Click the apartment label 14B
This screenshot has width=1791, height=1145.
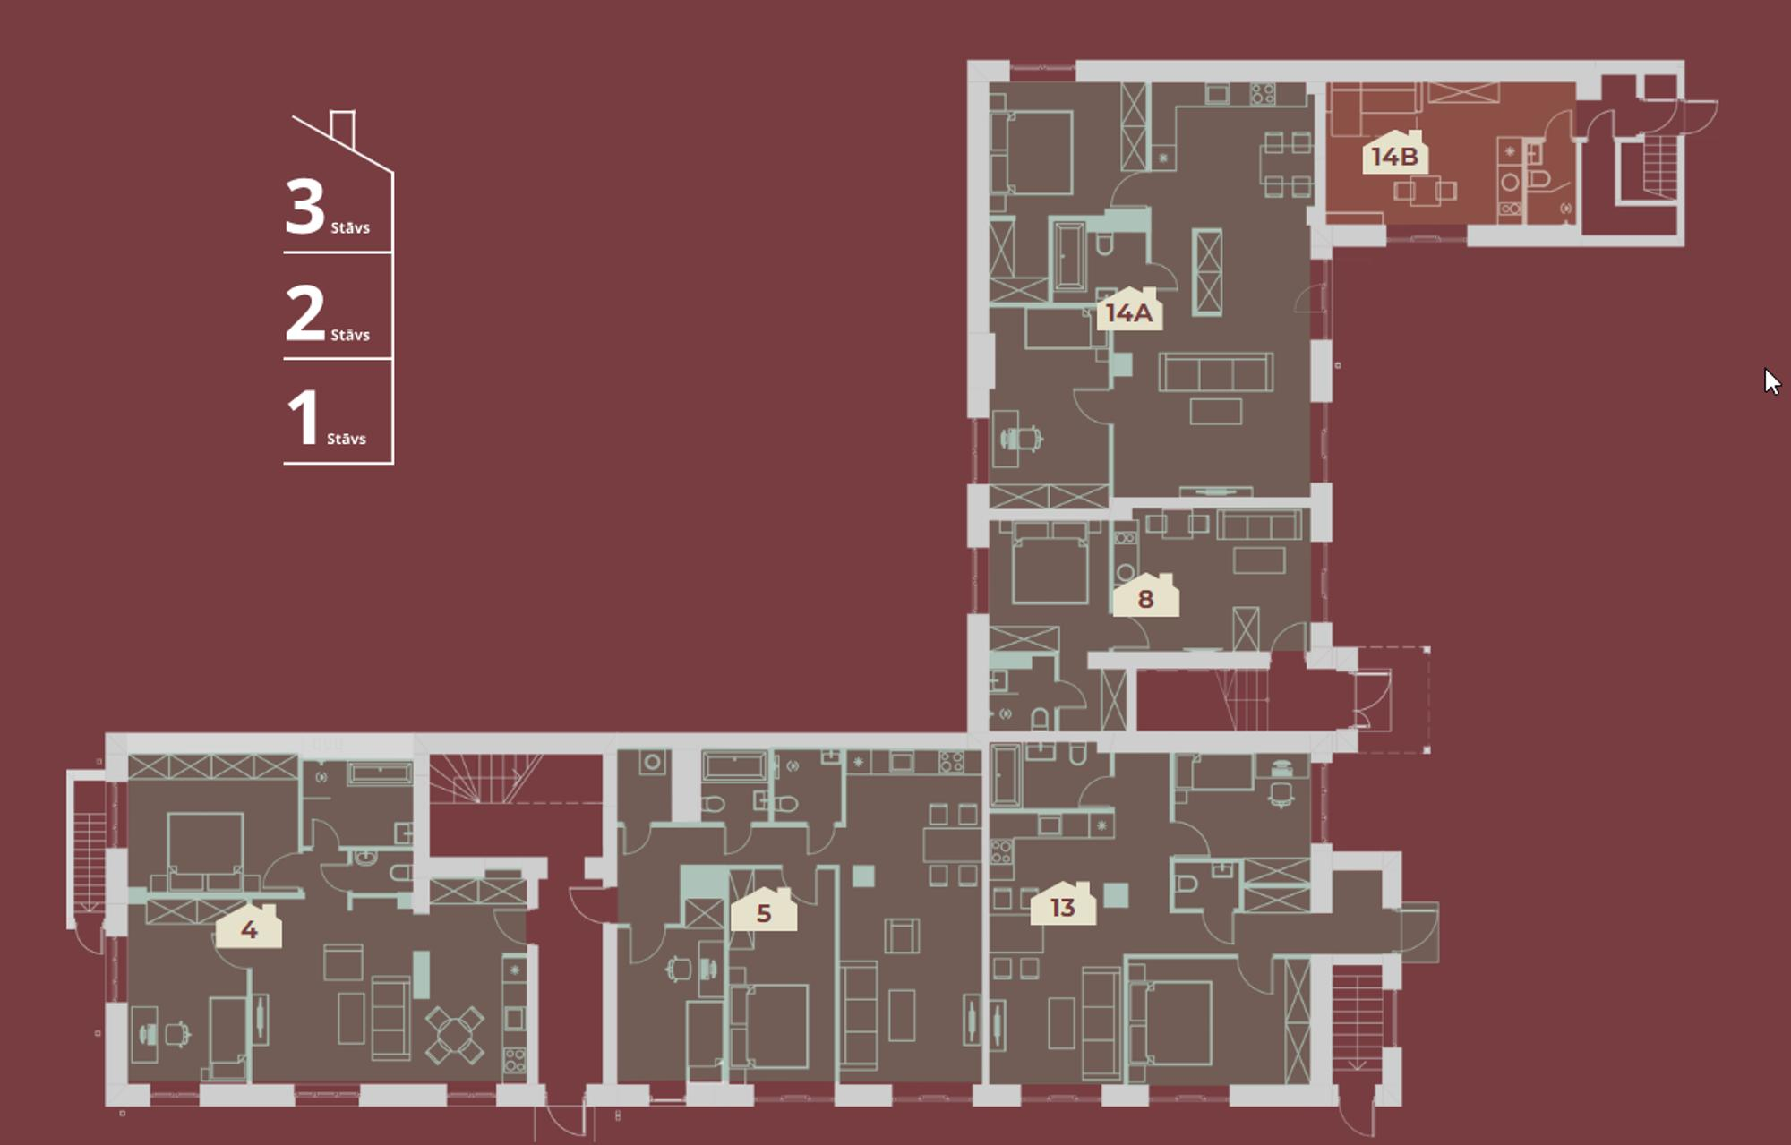point(1395,153)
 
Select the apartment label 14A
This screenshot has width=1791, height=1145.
point(1129,310)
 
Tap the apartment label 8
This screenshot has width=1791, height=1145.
point(1145,596)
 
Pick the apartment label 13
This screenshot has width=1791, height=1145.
point(1063,904)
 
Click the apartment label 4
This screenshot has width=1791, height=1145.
point(249,927)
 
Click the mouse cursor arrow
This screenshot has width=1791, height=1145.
point(1772,380)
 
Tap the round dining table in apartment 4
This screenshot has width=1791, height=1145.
point(454,1035)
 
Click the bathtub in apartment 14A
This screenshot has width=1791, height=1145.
point(1068,257)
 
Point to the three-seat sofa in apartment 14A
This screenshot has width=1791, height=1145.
point(1215,372)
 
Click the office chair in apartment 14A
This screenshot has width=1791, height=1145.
point(1021,439)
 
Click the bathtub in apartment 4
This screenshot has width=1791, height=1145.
point(380,773)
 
